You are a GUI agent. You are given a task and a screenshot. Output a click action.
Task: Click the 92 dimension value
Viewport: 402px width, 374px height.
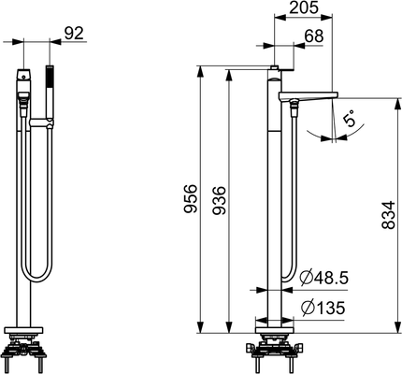pyautogui.click(x=74, y=34)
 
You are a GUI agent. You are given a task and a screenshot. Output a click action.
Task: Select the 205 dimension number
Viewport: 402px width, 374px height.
pyautogui.click(x=304, y=7)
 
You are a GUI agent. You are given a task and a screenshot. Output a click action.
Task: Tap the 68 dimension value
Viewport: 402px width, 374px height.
pyautogui.click(x=314, y=36)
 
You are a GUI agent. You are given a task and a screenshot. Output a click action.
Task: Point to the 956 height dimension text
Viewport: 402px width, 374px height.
pyautogui.click(x=191, y=199)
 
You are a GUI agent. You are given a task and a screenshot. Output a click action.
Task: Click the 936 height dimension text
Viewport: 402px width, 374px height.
pyautogui.click(x=219, y=200)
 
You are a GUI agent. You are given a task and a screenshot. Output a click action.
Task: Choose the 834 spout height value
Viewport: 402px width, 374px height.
pyautogui.click(x=388, y=215)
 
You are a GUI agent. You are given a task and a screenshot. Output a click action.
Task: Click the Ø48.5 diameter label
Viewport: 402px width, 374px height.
pyautogui.click(x=323, y=278)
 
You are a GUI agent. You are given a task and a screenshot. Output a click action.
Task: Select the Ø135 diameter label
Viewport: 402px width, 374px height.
pyautogui.click(x=323, y=308)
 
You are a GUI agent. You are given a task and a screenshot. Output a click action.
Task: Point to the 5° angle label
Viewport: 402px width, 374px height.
pyautogui.click(x=349, y=118)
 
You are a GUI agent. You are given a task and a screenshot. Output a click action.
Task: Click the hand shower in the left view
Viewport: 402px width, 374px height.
pyautogui.click(x=50, y=93)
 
